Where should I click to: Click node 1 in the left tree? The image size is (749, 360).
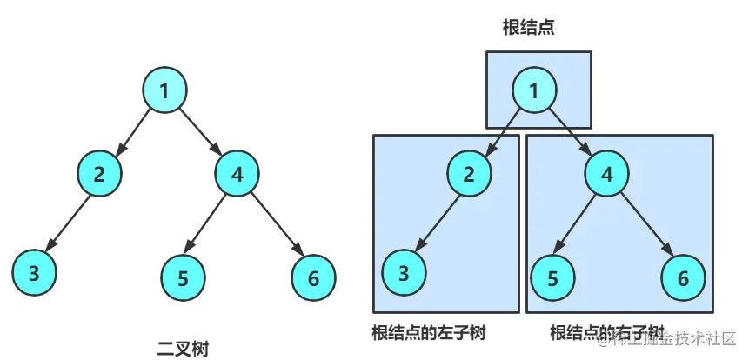[x=165, y=89]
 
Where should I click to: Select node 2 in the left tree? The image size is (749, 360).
[x=100, y=172]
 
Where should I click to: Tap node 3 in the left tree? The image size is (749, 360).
[x=34, y=273]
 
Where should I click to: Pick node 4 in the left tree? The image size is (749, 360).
[x=237, y=172]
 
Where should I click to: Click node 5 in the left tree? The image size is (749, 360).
[x=183, y=278]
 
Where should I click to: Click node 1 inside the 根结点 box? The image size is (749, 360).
[x=534, y=90]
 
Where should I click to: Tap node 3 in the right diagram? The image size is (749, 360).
[x=404, y=273]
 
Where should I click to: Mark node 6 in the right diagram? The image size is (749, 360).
[x=684, y=278]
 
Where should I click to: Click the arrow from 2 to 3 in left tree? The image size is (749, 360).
[x=68, y=222]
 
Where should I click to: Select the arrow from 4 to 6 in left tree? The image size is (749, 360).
[x=276, y=225]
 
